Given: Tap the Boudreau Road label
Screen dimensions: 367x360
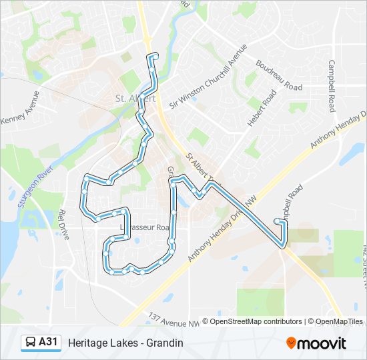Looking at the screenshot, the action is tap(279, 76).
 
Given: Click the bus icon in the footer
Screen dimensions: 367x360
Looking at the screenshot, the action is tap(31, 343).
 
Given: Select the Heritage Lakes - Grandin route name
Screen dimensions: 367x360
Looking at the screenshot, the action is tap(125, 343).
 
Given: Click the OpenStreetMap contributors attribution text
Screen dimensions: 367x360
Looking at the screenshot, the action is tap(252, 321).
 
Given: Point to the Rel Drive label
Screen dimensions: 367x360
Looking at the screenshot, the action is tap(64, 225).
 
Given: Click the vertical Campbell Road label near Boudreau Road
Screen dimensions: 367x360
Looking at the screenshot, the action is tap(331, 87).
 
